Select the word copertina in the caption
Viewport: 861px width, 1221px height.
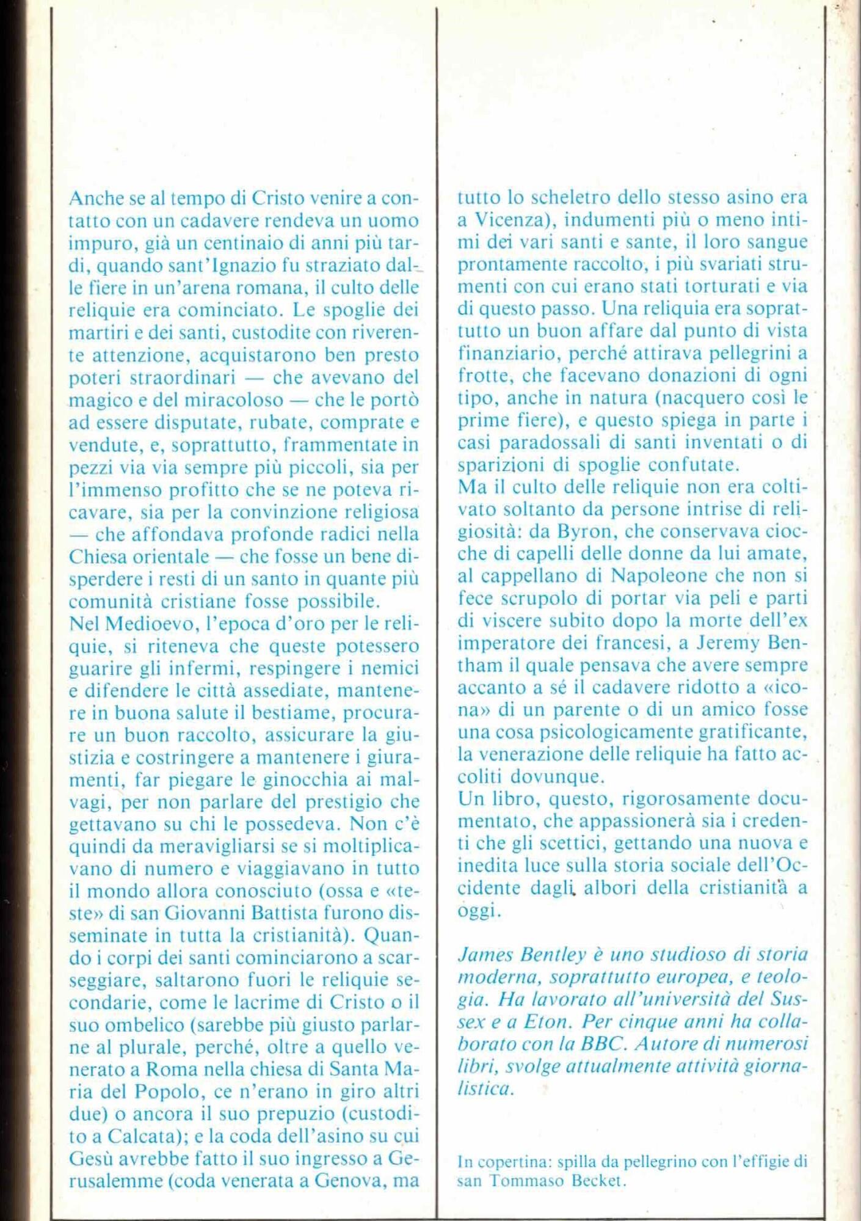[x=507, y=1162]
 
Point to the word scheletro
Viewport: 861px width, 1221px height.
[x=571, y=198]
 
